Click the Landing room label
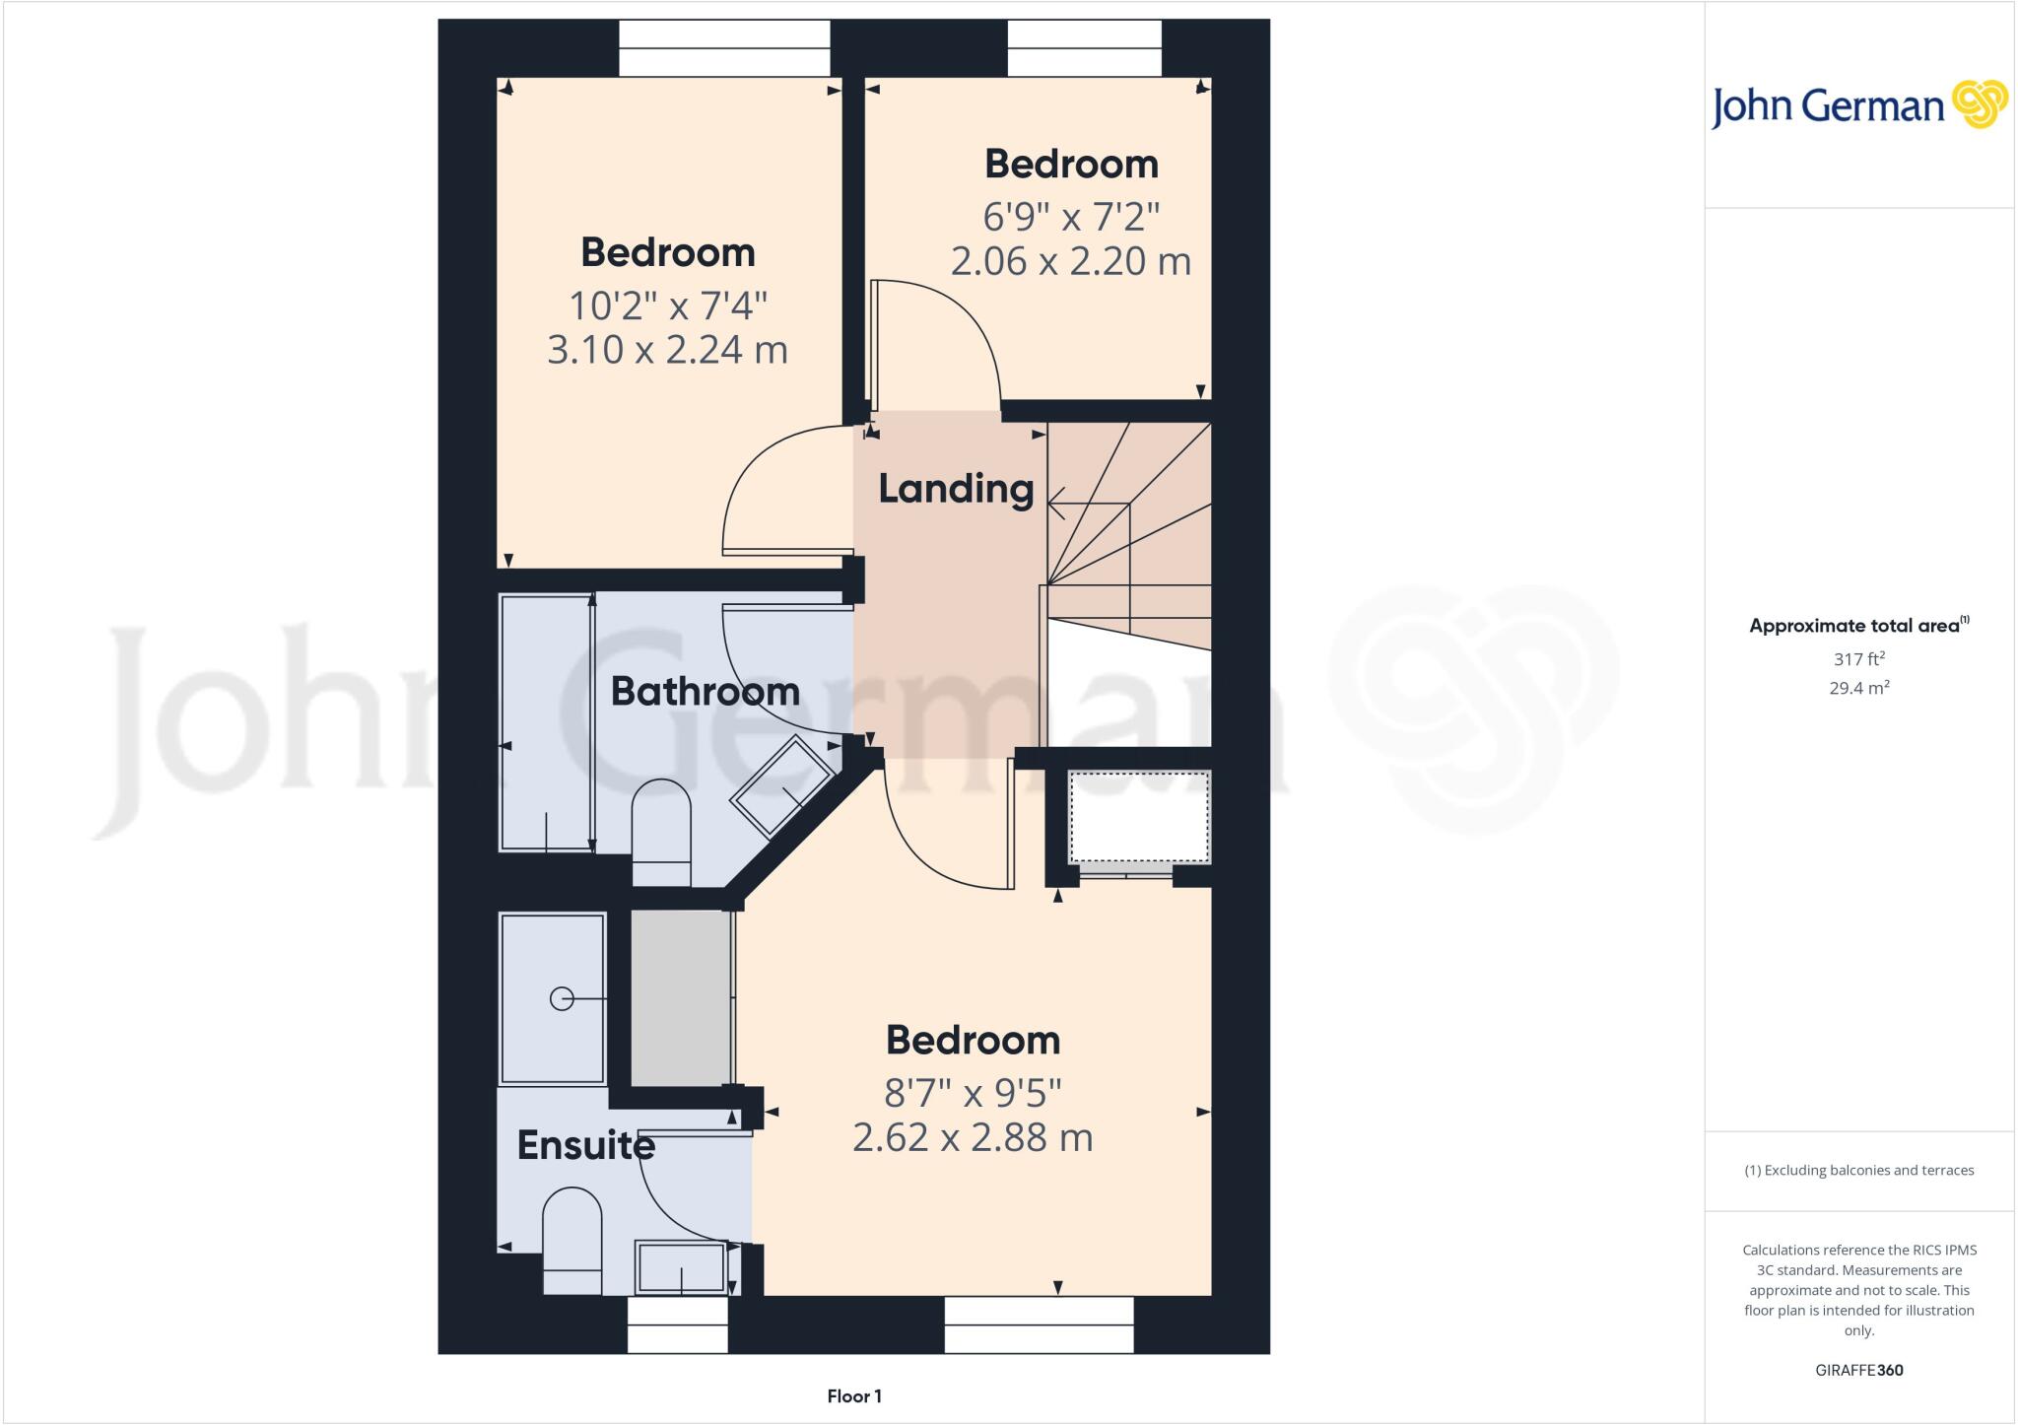pyautogui.click(x=955, y=489)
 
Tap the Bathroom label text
pyautogui.click(x=705, y=692)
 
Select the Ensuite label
pyautogui.click(x=585, y=1145)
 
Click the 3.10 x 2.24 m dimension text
pyautogui.click(x=667, y=350)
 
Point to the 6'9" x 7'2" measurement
pyautogui.click(x=1071, y=215)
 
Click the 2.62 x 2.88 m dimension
pyautogui.click(x=973, y=1137)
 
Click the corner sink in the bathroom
pyautogui.click(x=783, y=787)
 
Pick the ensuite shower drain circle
pyautogui.click(x=562, y=999)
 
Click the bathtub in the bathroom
pyautogui.click(x=546, y=722)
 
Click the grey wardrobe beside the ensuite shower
pyautogui.click(x=680, y=997)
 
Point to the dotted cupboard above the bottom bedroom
pyautogui.click(x=1139, y=816)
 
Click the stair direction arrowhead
pyautogui.click(x=1055, y=504)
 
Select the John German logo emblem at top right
pyautogui.click(x=1980, y=104)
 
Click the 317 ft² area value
pyautogui.click(x=1858, y=659)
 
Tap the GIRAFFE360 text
pyautogui.click(x=1858, y=1370)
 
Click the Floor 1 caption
pyautogui.click(x=854, y=1396)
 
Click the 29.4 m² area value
pyautogui.click(x=1858, y=688)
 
